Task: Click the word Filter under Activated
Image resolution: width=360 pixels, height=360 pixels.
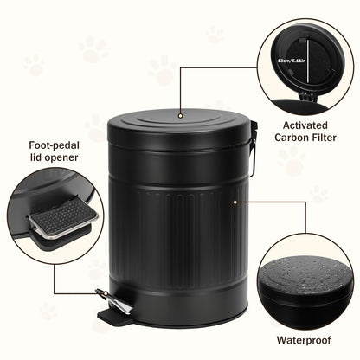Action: (322, 136)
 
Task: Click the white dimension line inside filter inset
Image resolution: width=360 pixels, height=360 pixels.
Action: (304, 61)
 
